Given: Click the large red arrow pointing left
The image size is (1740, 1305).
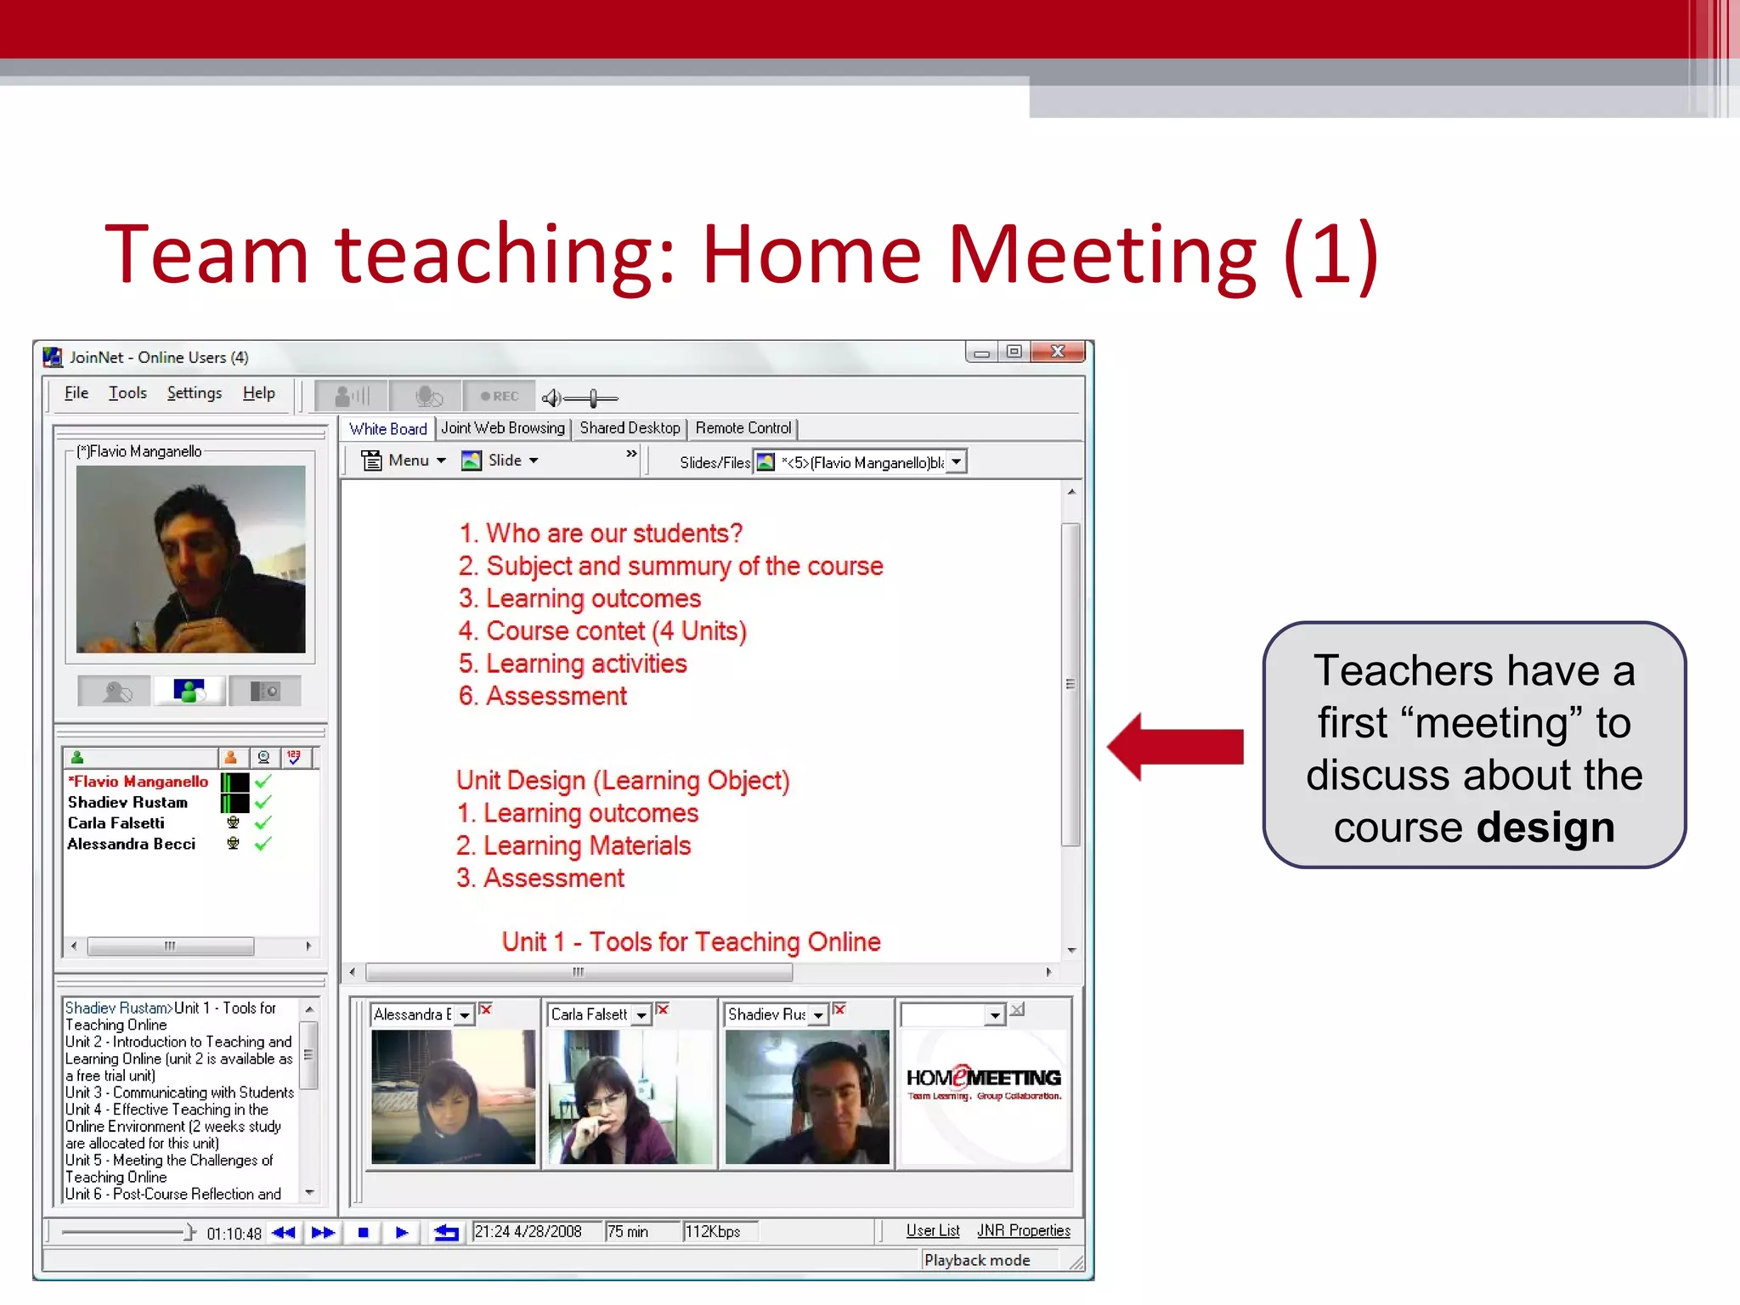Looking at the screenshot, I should click(1176, 746).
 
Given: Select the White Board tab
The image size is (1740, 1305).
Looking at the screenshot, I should click(387, 428).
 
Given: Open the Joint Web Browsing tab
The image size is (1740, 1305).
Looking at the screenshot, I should click(502, 428).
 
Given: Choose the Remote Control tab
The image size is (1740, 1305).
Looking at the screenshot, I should click(743, 428).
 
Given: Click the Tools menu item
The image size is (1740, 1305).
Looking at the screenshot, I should click(127, 393).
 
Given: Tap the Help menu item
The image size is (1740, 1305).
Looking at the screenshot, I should click(258, 393).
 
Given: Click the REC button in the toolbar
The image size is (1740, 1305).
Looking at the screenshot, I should click(499, 396).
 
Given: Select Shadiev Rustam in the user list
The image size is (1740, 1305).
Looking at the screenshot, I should click(127, 802).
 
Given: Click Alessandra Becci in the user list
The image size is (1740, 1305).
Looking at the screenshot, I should click(132, 844).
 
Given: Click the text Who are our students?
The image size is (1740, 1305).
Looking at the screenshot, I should click(613, 534).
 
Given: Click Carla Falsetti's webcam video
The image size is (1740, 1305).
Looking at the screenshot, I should click(629, 1096).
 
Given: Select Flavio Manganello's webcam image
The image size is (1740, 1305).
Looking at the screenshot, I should click(190, 559).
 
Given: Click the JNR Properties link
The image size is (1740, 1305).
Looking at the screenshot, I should click(1023, 1230).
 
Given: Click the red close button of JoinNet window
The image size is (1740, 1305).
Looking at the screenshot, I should click(1057, 351).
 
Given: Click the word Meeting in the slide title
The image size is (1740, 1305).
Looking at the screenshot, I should click(1101, 253).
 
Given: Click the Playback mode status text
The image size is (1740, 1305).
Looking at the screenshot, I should click(976, 1260).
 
